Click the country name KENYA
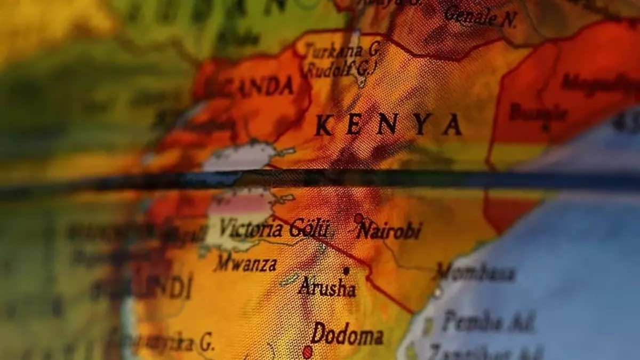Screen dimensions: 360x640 [389, 125]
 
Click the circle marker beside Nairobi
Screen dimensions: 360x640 [358, 218]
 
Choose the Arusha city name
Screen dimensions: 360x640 [327, 288]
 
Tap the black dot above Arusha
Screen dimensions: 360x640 [346, 271]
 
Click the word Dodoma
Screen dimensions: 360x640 [347, 334]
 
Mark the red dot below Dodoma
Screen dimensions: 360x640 [308, 352]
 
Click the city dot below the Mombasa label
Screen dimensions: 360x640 [437, 292]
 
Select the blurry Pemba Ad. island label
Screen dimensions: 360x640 [487, 322]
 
